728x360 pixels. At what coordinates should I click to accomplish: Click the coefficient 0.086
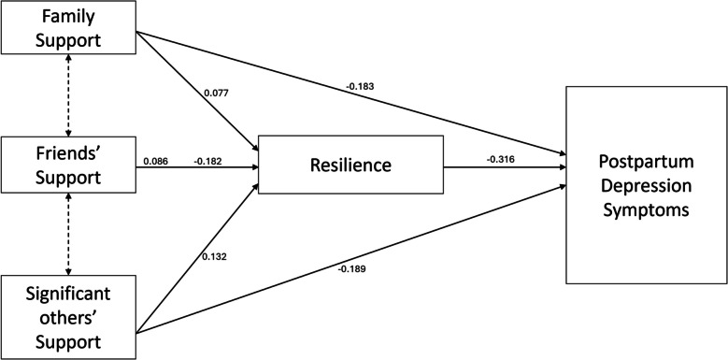point(155,162)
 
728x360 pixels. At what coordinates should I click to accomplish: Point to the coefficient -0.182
point(207,162)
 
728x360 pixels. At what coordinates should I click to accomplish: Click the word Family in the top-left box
point(70,17)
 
